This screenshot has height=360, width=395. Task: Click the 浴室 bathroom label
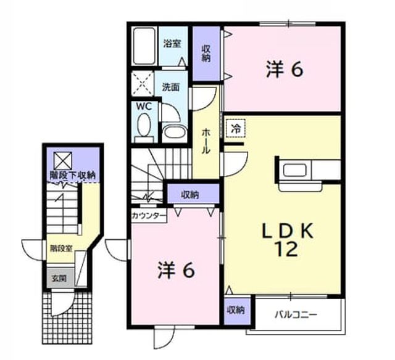(x=172, y=44)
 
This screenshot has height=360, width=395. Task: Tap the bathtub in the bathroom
(x=144, y=46)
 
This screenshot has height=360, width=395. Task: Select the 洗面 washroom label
(x=171, y=88)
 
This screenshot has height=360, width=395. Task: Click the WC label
(x=144, y=107)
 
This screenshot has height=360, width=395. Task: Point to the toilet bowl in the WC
(x=144, y=125)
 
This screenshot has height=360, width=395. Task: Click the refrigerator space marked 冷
(x=236, y=129)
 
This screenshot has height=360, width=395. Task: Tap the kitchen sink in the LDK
(x=295, y=170)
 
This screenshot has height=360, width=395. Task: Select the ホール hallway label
(x=206, y=141)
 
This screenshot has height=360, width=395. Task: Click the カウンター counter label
(x=149, y=216)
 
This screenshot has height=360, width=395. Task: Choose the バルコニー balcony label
(x=296, y=314)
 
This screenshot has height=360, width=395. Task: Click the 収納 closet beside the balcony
(x=236, y=311)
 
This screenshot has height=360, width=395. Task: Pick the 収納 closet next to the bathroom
(x=206, y=54)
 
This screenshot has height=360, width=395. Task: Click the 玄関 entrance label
(x=59, y=279)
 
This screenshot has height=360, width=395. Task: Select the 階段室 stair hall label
(x=61, y=248)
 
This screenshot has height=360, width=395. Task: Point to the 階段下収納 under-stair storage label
(x=72, y=175)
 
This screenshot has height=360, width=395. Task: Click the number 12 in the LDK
(x=288, y=248)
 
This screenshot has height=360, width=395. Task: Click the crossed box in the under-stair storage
(x=63, y=160)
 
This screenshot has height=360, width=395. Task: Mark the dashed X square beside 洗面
(x=143, y=83)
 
